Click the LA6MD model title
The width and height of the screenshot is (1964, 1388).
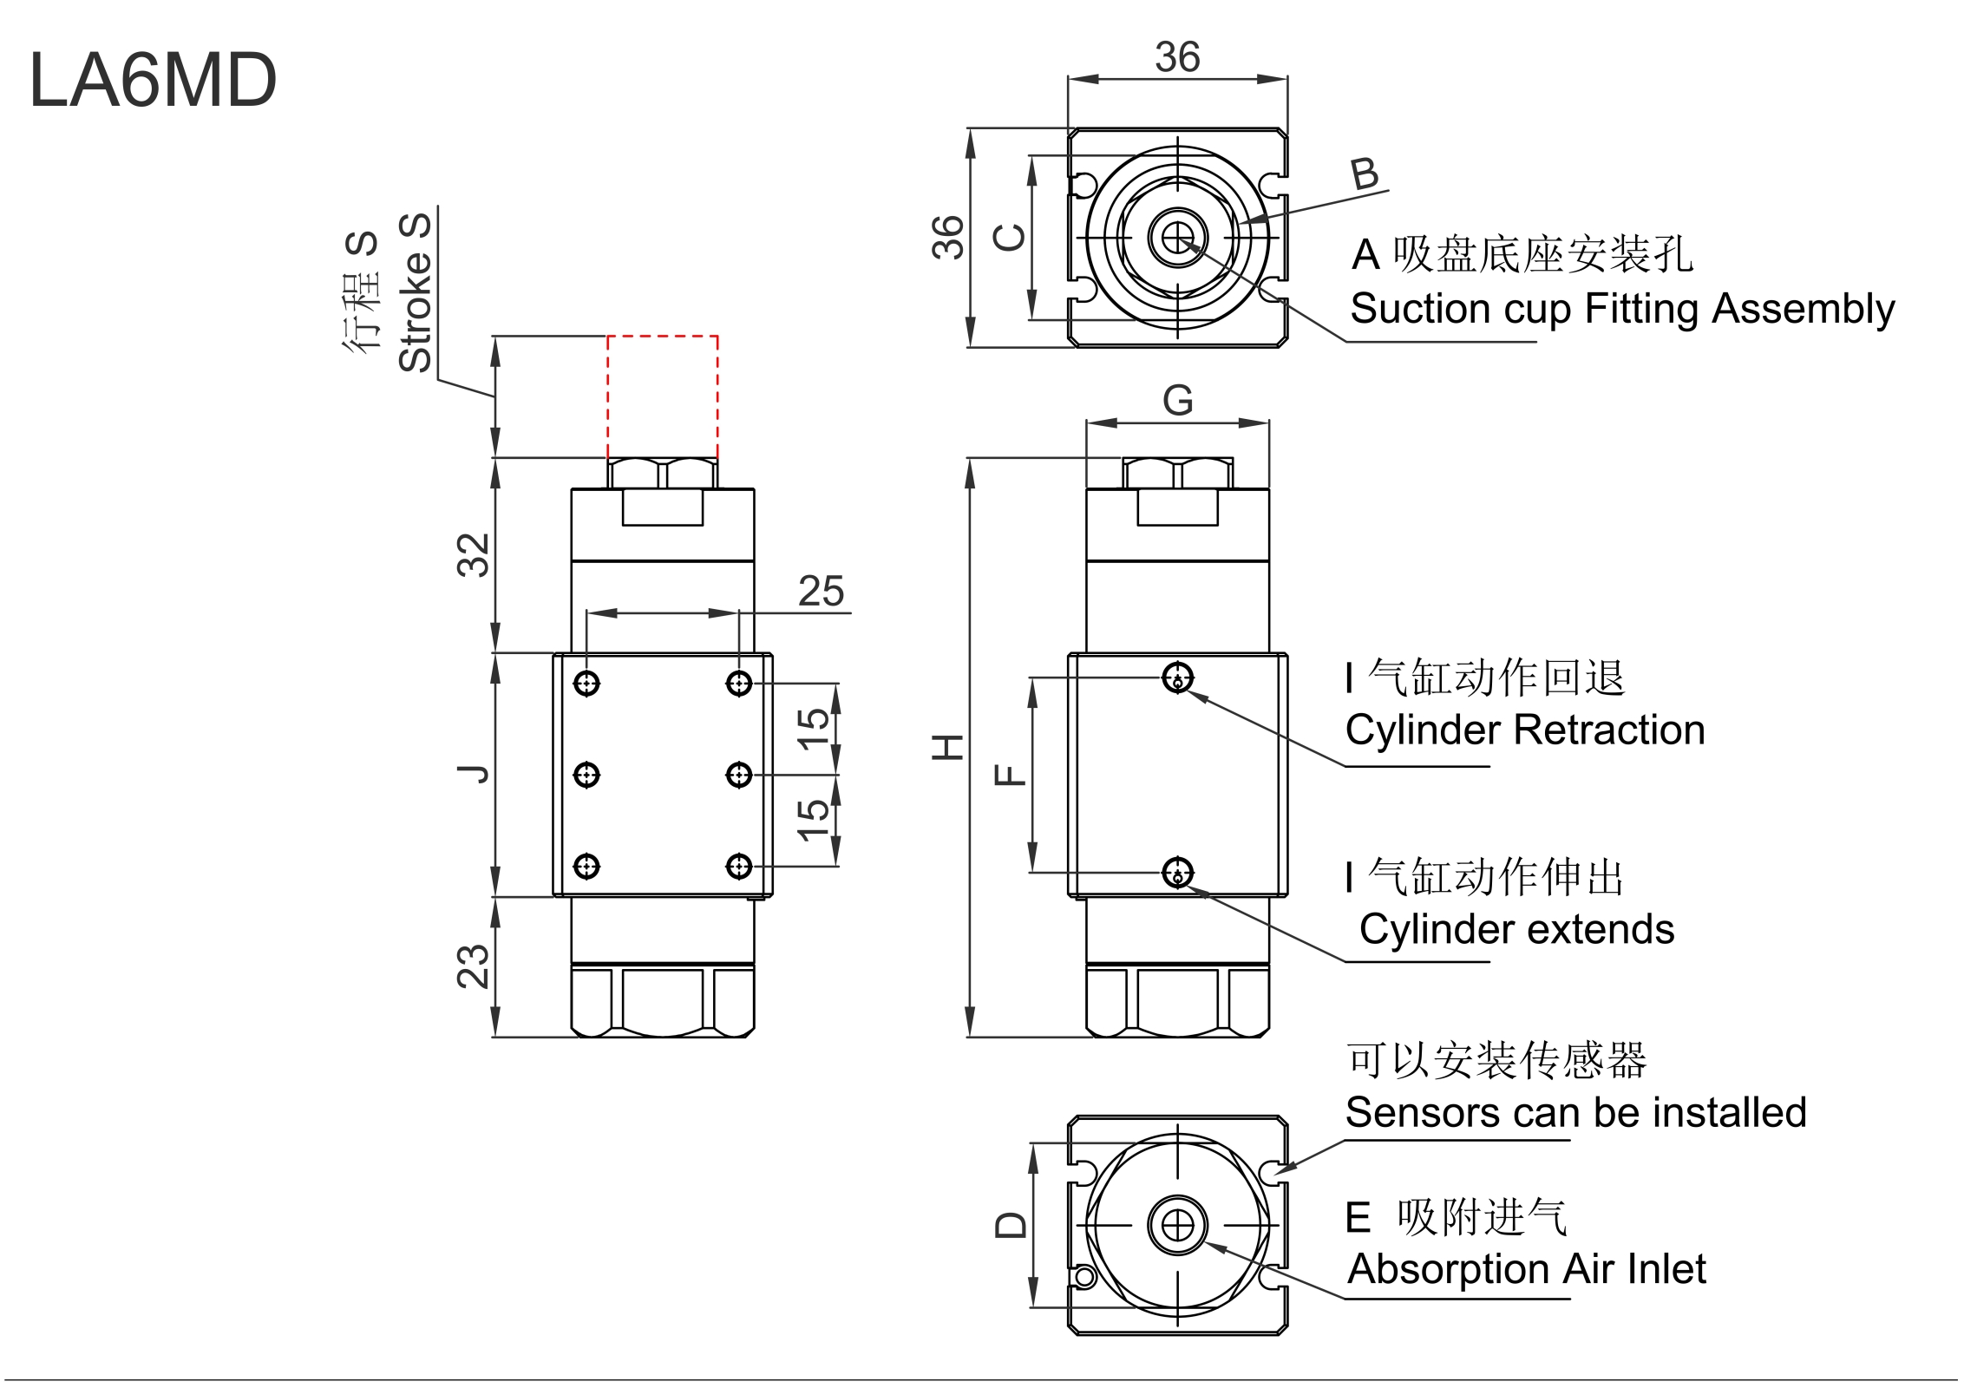153,80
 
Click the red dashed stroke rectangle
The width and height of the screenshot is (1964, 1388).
662,396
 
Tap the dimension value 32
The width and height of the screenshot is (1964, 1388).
474,555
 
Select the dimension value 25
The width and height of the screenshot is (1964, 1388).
821,592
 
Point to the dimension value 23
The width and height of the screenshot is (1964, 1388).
474,966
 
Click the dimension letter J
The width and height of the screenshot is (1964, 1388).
474,774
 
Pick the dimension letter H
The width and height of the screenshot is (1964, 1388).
948,747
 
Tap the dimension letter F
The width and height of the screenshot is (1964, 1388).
1011,775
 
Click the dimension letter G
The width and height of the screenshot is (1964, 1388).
1177,401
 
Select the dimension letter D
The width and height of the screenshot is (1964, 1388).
1011,1225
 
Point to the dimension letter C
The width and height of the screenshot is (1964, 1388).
1011,237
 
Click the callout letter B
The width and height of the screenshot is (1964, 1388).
1365,174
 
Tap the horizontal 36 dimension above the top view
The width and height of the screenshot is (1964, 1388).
1177,58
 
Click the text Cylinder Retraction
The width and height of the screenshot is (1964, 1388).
1524,730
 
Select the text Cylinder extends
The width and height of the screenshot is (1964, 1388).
1516,930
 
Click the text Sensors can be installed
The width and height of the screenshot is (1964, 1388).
1575,1113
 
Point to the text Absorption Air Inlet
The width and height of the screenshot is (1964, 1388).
1526,1269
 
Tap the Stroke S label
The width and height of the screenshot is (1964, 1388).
416,292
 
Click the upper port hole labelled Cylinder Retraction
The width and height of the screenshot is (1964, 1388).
1177,678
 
